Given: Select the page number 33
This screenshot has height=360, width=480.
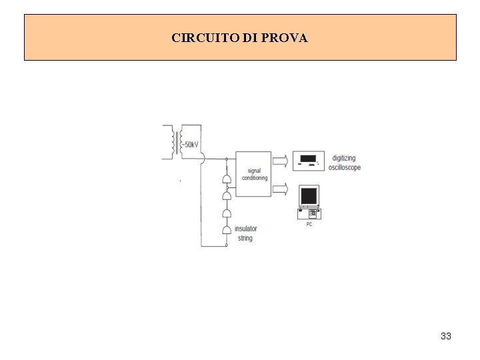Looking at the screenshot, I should tap(446, 336).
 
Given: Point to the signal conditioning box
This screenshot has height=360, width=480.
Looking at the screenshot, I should tap(253, 173).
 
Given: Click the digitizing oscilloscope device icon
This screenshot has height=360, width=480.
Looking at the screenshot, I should tap(308, 160).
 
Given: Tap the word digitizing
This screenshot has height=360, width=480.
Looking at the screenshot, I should tap(345, 159).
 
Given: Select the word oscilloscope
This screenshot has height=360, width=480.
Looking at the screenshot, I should tap(345, 167).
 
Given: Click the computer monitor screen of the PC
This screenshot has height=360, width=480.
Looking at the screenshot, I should tap(309, 196).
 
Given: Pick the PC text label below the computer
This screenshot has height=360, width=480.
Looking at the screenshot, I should tap(309, 224).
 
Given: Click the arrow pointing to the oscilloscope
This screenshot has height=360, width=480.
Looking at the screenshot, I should tap(281, 160).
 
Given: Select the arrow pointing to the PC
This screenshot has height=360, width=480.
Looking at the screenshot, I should tap(281, 189).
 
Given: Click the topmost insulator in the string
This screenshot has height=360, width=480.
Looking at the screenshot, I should tap(227, 181).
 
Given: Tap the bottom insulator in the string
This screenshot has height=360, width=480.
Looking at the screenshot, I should tap(227, 230).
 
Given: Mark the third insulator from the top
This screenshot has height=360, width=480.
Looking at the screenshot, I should tap(227, 213).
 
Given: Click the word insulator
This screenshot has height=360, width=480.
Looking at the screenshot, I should tap(245, 229).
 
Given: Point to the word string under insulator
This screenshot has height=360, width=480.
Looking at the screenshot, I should tap(245, 238).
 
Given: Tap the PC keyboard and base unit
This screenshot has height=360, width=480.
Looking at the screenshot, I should tap(309, 213).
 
